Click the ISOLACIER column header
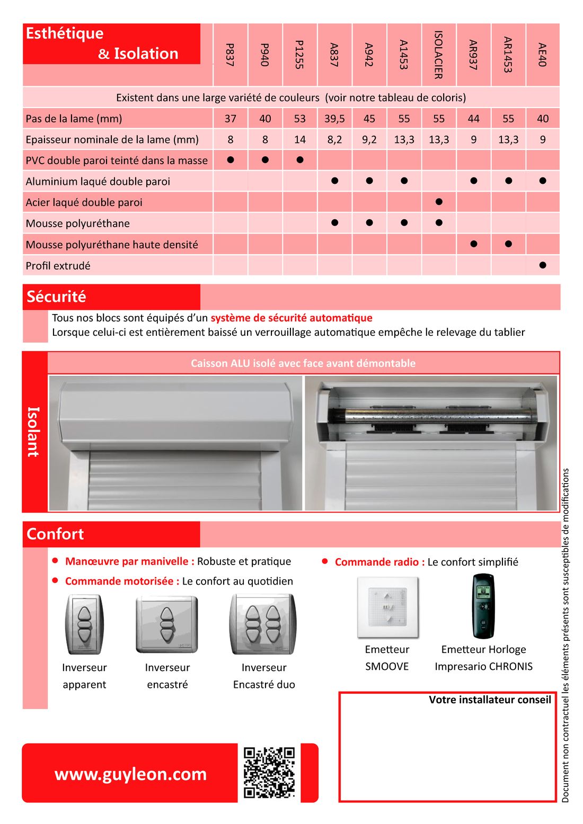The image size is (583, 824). click(438, 55)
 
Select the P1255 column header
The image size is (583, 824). click(299, 55)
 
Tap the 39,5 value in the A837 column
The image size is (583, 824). click(334, 119)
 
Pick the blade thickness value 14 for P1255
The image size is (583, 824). click(299, 140)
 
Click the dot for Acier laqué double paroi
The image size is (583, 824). click(439, 202)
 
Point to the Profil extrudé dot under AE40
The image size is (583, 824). click(542, 265)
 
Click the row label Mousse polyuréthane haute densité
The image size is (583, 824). click(112, 245)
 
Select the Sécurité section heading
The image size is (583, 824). click(56, 297)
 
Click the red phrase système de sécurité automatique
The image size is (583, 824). click(291, 318)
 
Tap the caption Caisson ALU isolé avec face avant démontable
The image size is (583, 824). click(303, 363)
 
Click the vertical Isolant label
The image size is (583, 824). click(33, 432)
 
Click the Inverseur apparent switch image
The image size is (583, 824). click(84, 624)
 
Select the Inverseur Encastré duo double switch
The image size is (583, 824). click(263, 624)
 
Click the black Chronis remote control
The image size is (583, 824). click(483, 606)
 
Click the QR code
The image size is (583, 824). click(269, 772)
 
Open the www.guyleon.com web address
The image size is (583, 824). click(130, 774)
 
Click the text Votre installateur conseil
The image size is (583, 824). click(490, 700)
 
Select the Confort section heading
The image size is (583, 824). click(55, 534)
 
